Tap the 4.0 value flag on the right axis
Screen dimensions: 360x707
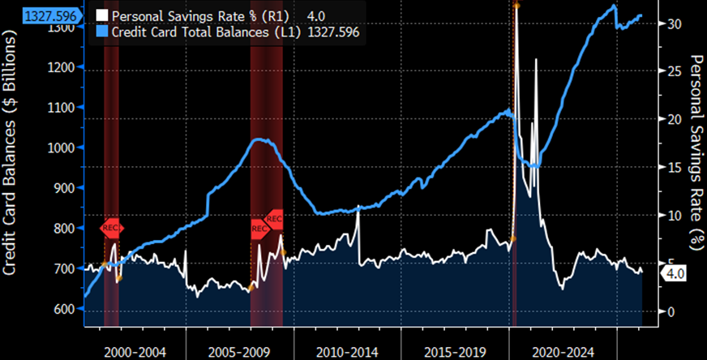click(675, 274)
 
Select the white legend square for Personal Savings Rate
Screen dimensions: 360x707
click(102, 15)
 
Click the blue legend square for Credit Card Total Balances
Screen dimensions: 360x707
click(102, 32)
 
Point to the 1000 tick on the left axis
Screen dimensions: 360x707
click(63, 148)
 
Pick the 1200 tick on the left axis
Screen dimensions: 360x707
click(63, 67)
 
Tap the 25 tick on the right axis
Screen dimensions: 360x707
click(671, 71)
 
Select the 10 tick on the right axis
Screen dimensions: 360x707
click(671, 216)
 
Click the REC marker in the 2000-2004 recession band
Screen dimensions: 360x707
click(112, 228)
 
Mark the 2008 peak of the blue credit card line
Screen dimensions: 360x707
click(258, 139)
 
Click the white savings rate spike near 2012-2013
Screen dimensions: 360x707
click(358, 212)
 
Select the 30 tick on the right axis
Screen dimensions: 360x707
click(671, 24)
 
